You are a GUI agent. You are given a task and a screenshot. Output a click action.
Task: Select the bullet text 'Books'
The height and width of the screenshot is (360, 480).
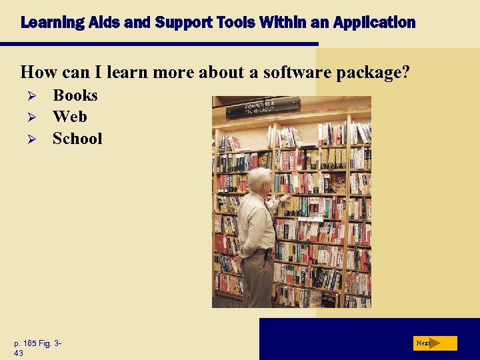[x=75, y=95]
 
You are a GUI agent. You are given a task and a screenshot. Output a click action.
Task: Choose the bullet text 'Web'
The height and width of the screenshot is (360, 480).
[x=70, y=117]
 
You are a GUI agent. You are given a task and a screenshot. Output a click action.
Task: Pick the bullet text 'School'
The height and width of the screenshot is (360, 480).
[x=77, y=139]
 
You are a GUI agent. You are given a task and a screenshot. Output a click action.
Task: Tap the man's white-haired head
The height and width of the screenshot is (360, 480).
[x=259, y=179]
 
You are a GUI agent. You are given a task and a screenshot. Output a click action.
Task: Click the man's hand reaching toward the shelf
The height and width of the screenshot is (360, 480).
[x=285, y=198]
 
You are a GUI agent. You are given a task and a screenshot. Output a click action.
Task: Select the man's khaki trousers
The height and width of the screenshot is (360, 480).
[x=257, y=280]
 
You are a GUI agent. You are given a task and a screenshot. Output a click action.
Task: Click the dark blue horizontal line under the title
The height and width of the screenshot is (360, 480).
[x=160, y=44]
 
